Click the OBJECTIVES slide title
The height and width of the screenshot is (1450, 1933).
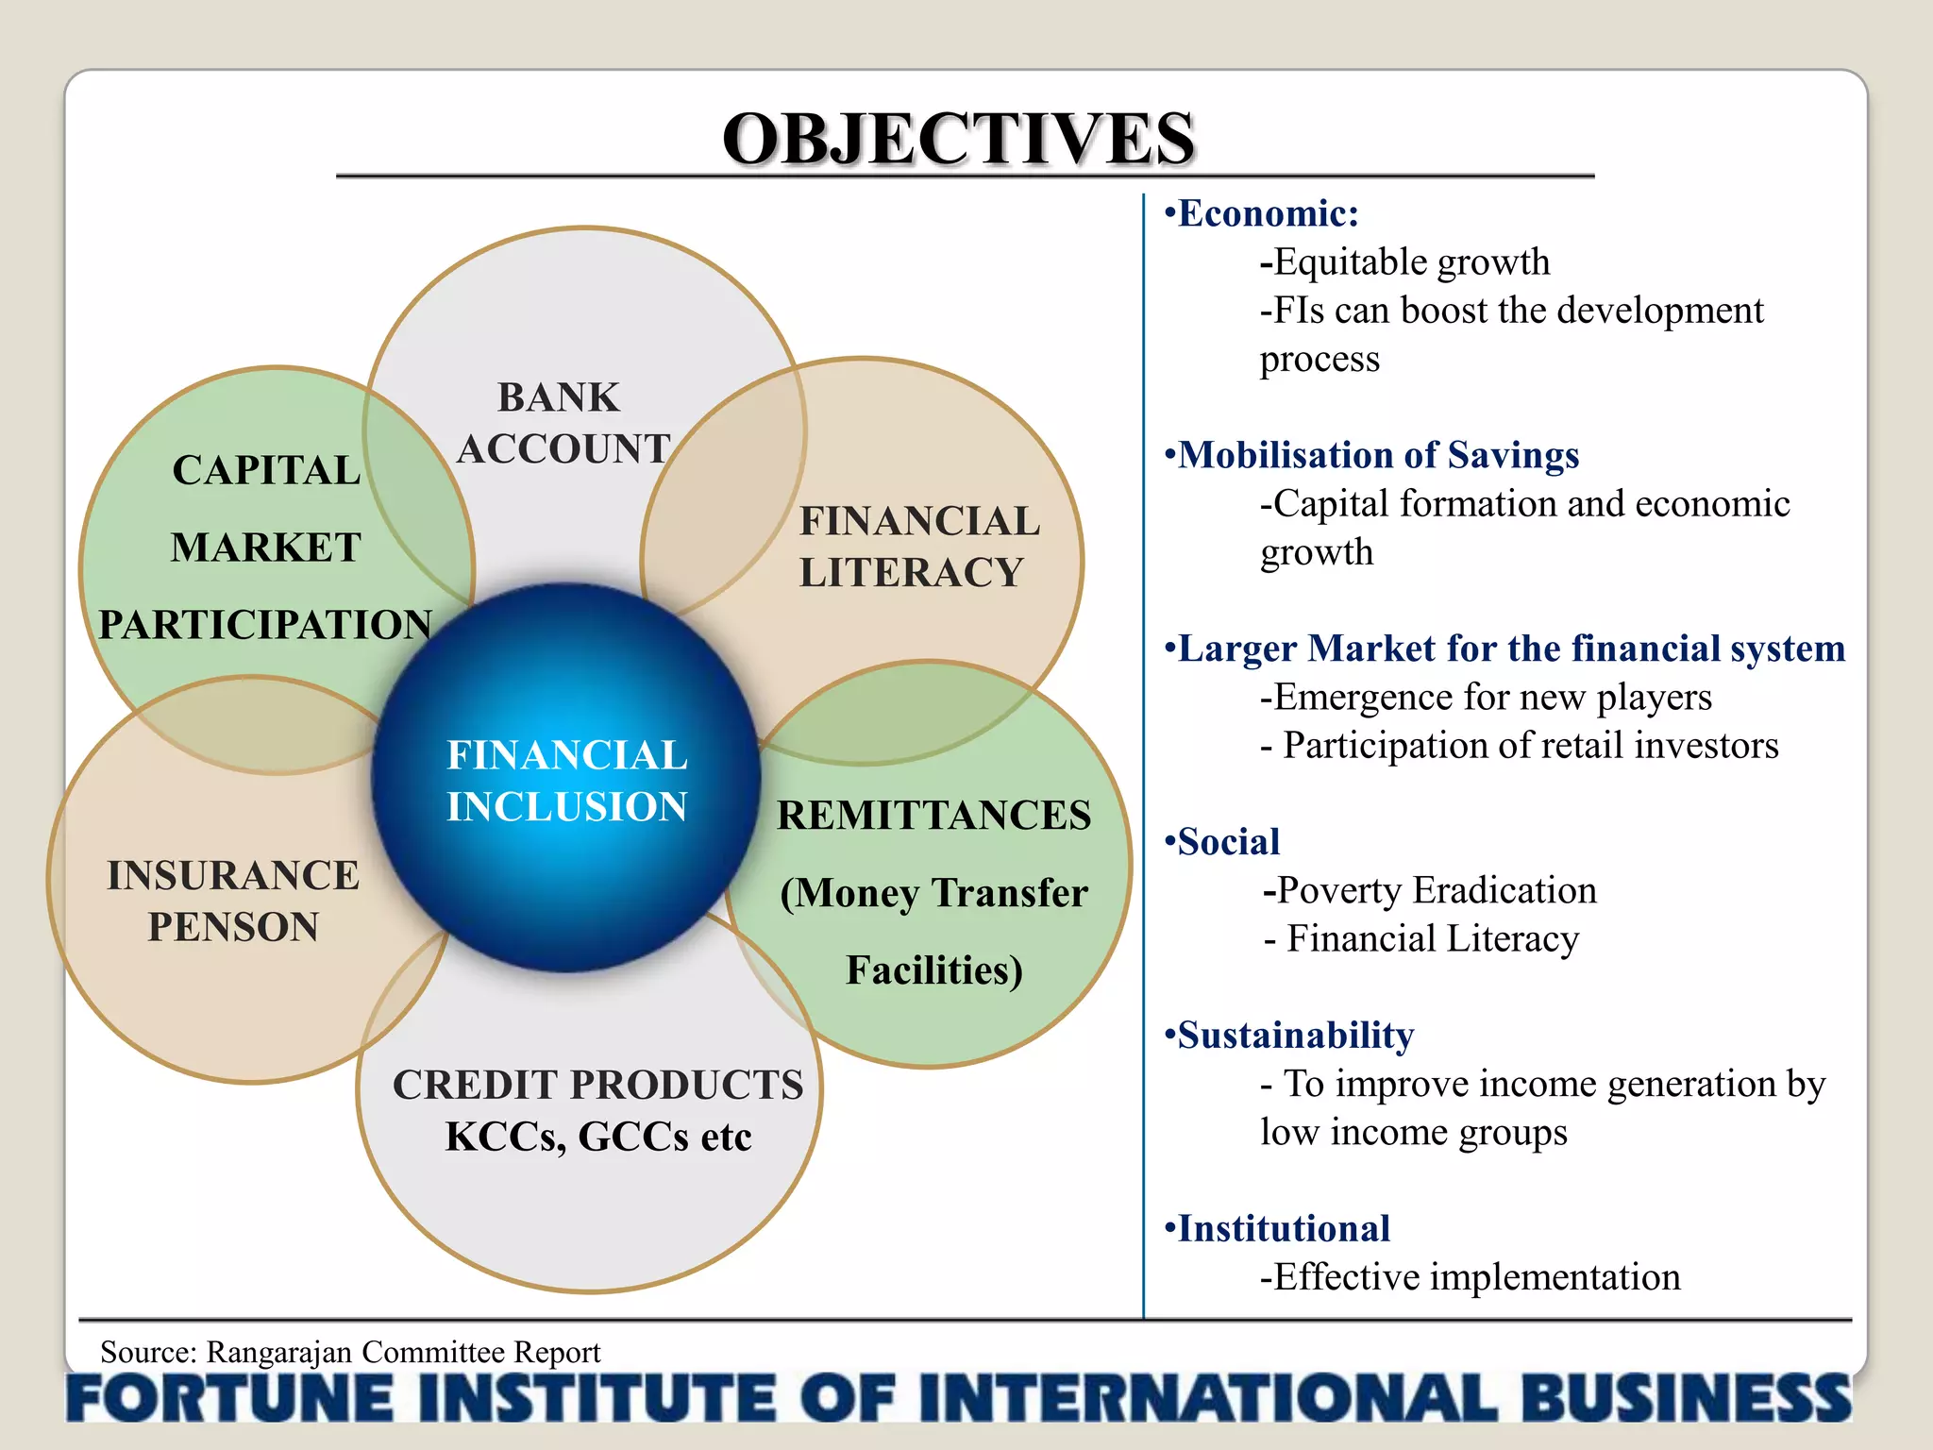(958, 140)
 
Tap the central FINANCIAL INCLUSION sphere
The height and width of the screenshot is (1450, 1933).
(566, 780)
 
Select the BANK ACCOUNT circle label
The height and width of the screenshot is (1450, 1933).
(563, 423)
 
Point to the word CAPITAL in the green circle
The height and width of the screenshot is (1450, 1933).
(266, 470)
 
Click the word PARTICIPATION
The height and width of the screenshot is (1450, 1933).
(265, 625)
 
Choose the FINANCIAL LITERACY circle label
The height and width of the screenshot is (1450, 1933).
(917, 547)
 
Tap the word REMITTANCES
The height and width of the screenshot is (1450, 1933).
(933, 816)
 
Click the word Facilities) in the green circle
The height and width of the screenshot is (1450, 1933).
(933, 970)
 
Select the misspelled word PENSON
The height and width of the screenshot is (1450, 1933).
(233, 927)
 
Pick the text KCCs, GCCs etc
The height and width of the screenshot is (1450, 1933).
(598, 1137)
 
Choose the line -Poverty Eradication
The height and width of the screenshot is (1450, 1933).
(1430, 890)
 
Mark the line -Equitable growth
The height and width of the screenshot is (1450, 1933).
(1404, 262)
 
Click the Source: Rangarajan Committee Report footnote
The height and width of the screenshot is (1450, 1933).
(350, 1352)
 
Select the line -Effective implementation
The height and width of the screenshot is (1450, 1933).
(1470, 1277)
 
